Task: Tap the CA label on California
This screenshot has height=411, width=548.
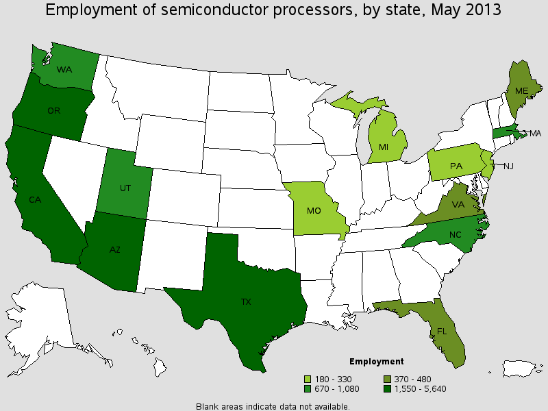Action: point(34,200)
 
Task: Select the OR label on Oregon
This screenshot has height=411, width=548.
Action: point(54,110)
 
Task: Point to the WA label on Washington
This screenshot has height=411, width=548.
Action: point(64,69)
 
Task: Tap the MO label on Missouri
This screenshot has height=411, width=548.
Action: point(314,211)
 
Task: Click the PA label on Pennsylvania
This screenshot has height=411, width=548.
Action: point(455,165)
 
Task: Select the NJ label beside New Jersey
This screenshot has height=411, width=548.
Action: point(509,166)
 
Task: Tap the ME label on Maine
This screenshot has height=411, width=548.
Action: point(522,90)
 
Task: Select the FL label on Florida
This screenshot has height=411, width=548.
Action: point(442,329)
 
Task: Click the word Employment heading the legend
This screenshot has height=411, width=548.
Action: point(376,362)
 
